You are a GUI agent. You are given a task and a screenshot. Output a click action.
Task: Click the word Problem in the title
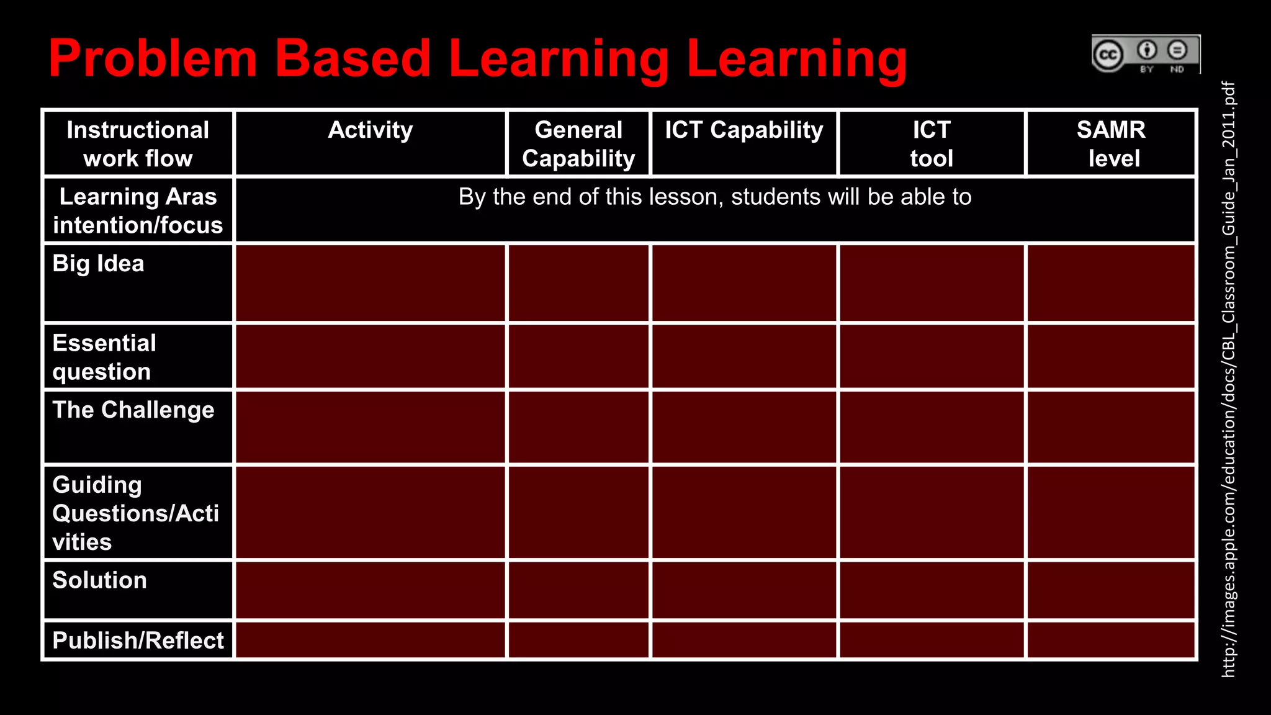(153, 58)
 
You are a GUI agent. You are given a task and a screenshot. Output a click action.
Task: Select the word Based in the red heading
(353, 58)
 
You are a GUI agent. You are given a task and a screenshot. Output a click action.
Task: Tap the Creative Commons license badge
(1146, 55)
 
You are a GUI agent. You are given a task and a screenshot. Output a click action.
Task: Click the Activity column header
(371, 130)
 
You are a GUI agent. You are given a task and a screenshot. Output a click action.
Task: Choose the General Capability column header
(578, 144)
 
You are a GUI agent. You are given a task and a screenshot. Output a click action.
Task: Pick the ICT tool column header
(932, 144)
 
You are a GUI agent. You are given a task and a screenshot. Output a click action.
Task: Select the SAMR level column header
(1112, 144)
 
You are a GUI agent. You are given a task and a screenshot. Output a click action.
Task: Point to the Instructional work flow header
(138, 144)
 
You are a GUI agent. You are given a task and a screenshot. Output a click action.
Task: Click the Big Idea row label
(99, 264)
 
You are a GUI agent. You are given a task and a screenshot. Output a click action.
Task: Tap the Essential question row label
(104, 357)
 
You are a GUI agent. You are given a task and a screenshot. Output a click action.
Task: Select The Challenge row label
(133, 410)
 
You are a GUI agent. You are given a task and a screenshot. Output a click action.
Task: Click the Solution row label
(100, 580)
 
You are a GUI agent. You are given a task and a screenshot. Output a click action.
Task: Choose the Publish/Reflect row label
(138, 641)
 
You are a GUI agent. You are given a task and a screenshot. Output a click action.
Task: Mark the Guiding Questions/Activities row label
(135, 513)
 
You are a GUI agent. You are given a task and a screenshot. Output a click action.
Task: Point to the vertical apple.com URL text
(1228, 379)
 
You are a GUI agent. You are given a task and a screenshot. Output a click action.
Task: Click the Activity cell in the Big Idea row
(371, 283)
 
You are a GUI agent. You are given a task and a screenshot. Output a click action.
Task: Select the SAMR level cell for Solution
(1111, 590)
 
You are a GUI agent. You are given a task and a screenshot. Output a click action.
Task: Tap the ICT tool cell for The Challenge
(932, 427)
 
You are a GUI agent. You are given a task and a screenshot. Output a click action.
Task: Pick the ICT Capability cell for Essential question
(744, 356)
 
